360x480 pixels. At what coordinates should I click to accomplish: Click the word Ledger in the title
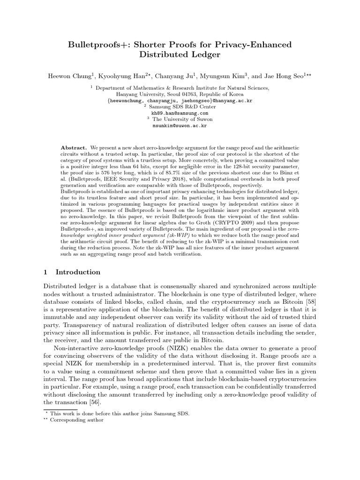[205, 55]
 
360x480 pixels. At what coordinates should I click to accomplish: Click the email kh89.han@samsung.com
[180, 113]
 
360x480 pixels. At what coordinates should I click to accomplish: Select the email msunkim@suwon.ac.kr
[180, 126]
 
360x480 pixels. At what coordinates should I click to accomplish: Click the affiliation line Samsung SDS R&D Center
[182, 107]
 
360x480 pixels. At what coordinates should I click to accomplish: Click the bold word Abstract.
[74, 147]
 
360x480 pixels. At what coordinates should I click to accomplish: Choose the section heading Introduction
[78, 272]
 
